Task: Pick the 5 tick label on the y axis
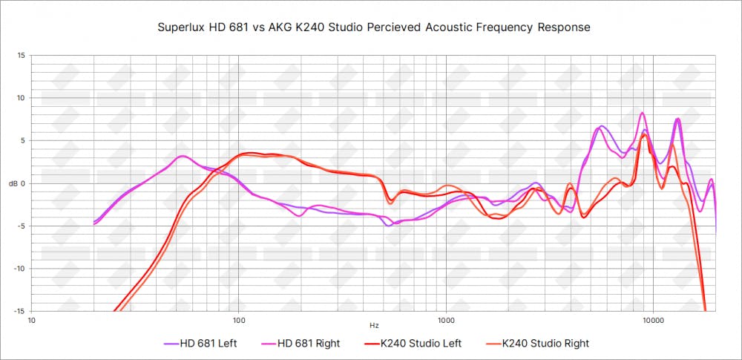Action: pos(22,140)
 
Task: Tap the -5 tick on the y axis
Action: pos(21,226)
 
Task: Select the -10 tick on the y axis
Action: pos(19,269)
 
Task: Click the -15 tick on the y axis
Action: pos(19,311)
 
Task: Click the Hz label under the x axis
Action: pos(374,326)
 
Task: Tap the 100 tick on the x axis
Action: pos(239,321)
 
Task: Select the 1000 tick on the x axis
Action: pos(445,321)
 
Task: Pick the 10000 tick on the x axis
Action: pos(653,321)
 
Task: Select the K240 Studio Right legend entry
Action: pos(545,344)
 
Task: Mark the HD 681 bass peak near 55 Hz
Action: pos(183,156)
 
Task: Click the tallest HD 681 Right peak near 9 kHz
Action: pos(643,113)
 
